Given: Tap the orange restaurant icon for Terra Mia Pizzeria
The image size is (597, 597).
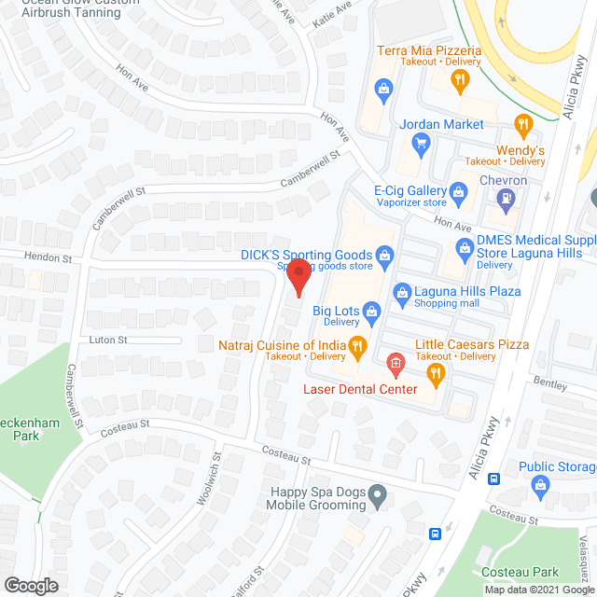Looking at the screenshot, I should click(x=458, y=81).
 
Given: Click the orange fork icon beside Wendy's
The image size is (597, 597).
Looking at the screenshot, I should click(x=523, y=123).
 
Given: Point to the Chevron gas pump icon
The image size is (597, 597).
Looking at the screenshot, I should click(x=505, y=198).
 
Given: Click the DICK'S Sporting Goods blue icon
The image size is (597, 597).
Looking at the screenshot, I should click(x=383, y=255).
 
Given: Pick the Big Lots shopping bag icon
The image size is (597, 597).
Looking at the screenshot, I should click(x=370, y=311).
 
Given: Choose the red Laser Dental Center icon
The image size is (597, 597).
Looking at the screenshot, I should click(x=395, y=361).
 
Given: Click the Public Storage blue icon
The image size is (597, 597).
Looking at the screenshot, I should click(x=539, y=484).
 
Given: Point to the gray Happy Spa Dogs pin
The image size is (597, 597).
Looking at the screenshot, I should click(x=377, y=494).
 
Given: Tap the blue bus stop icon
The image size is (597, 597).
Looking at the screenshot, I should click(x=435, y=535).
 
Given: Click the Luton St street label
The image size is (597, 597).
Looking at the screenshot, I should click(x=107, y=340).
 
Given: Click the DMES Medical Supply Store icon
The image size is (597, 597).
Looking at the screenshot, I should click(x=464, y=248).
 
